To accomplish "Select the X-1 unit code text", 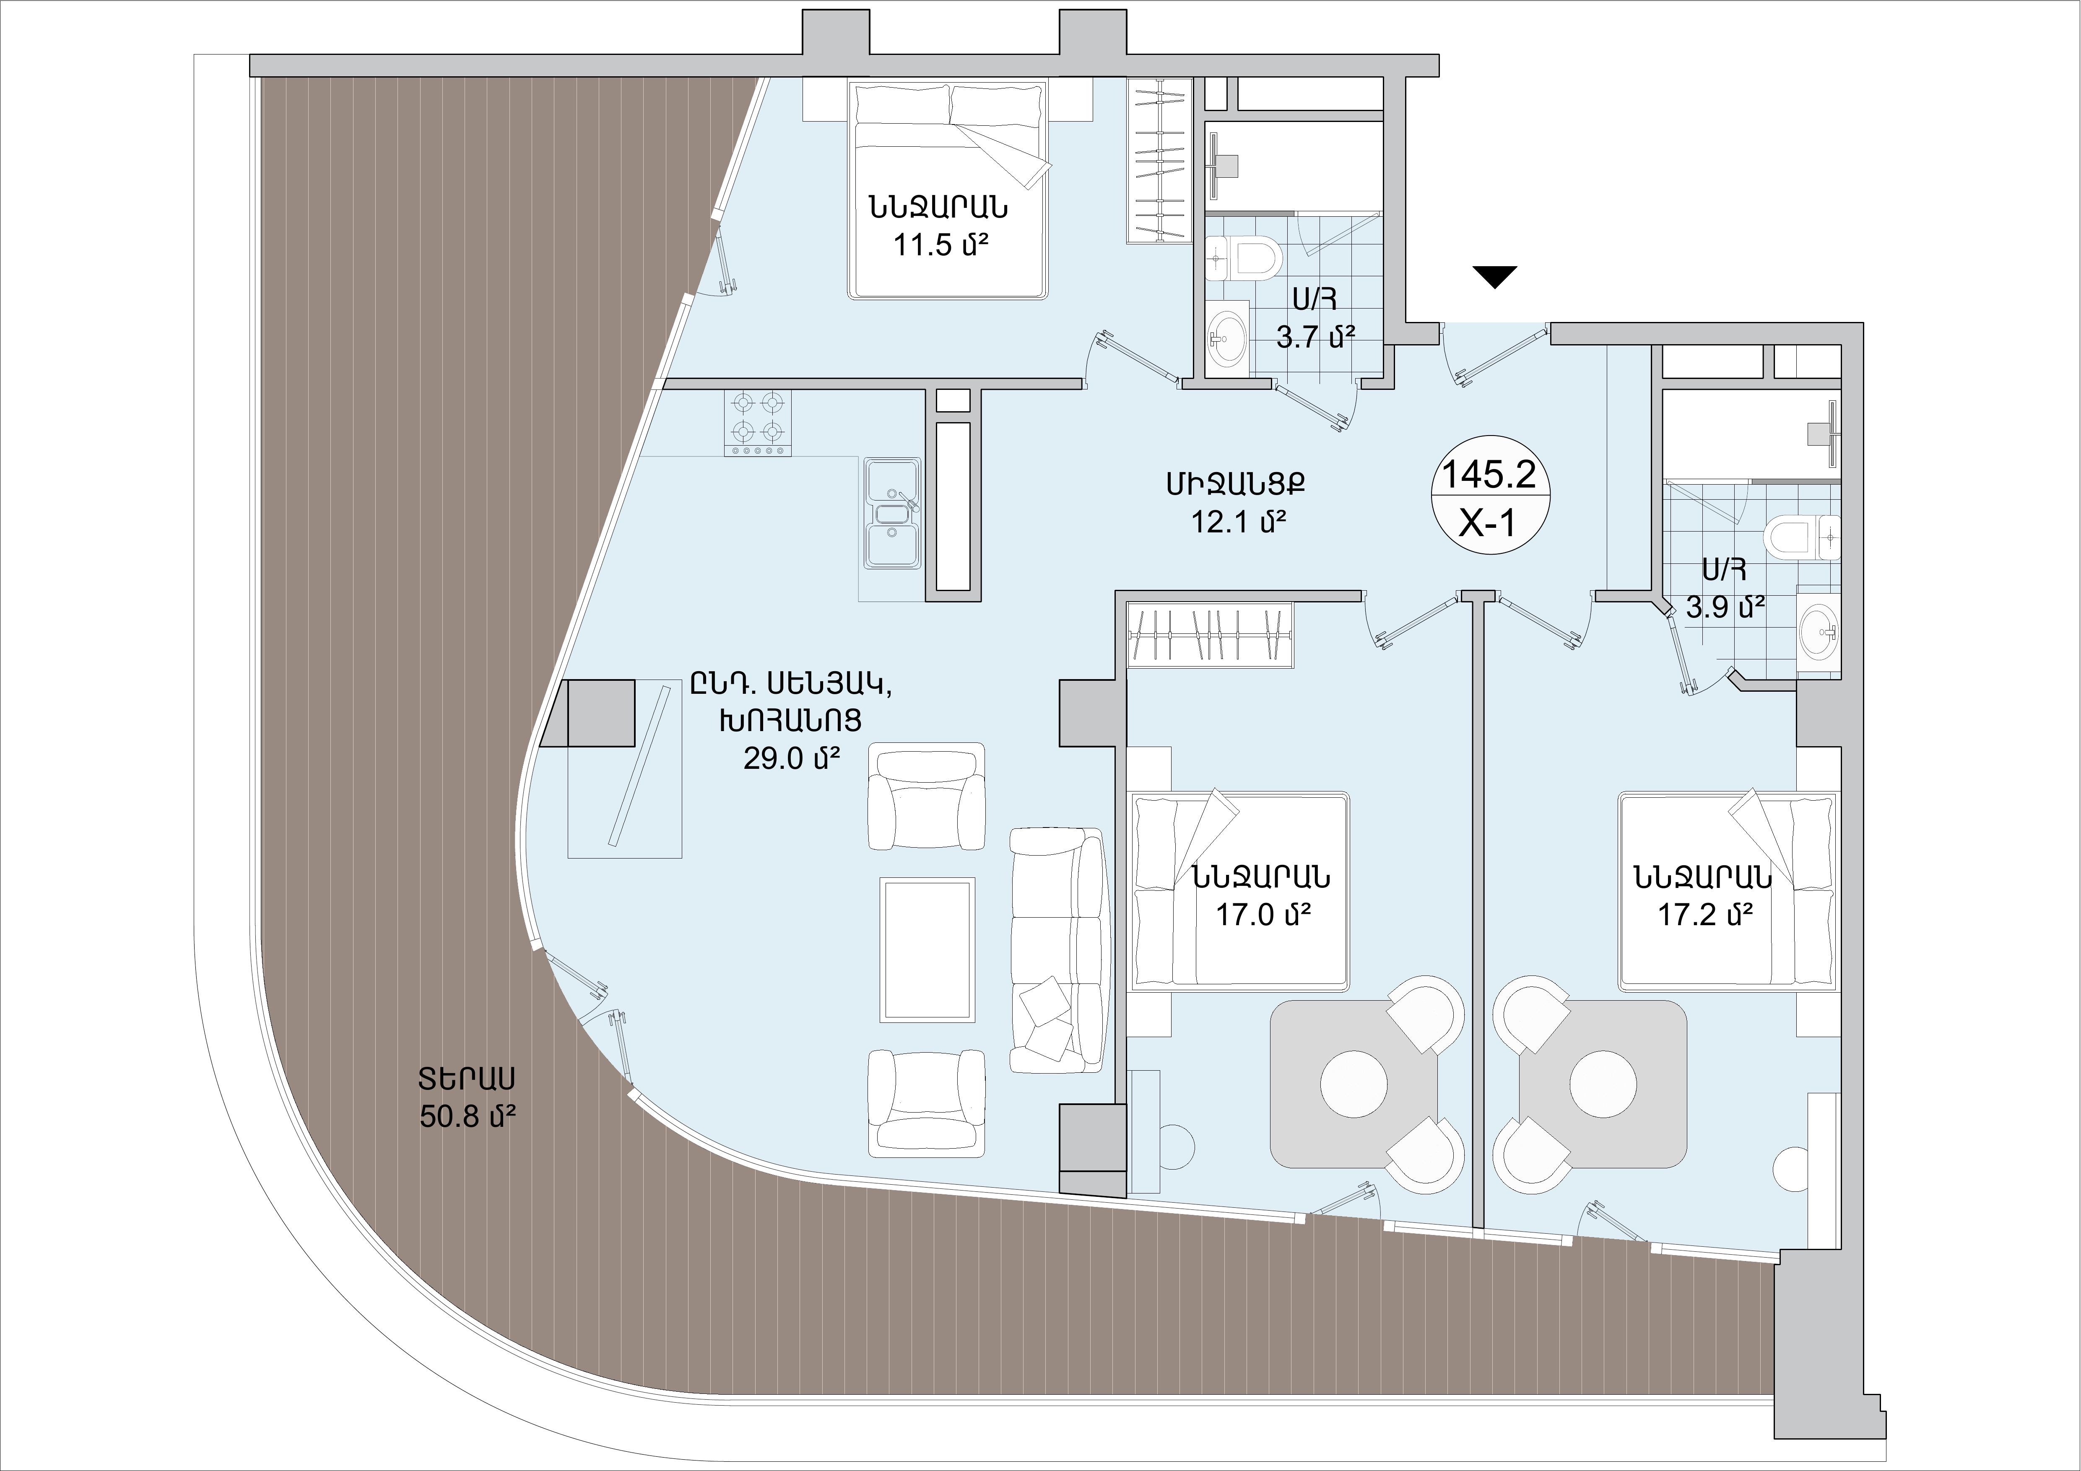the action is click(x=1489, y=523).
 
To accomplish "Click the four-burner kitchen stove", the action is click(x=757, y=423).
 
